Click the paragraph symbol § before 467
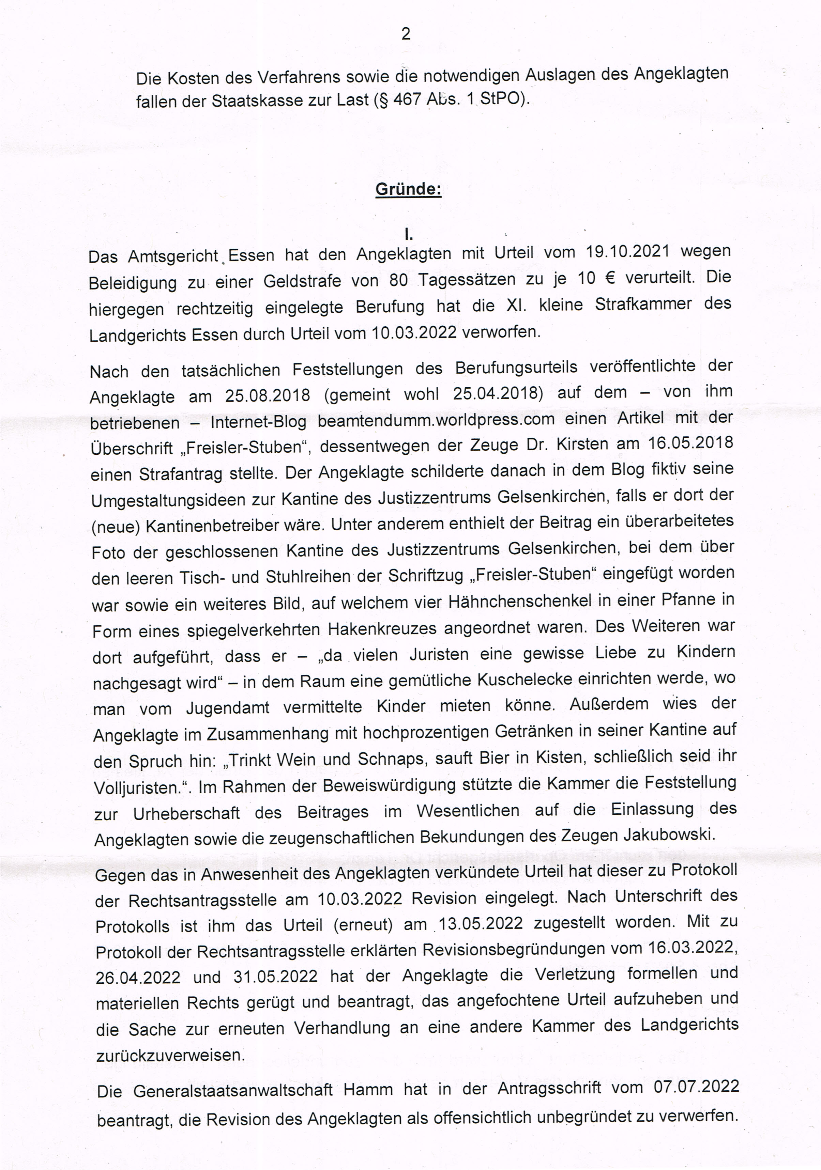coord(381,100)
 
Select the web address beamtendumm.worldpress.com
coord(436,420)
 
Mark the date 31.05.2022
coord(275,976)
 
